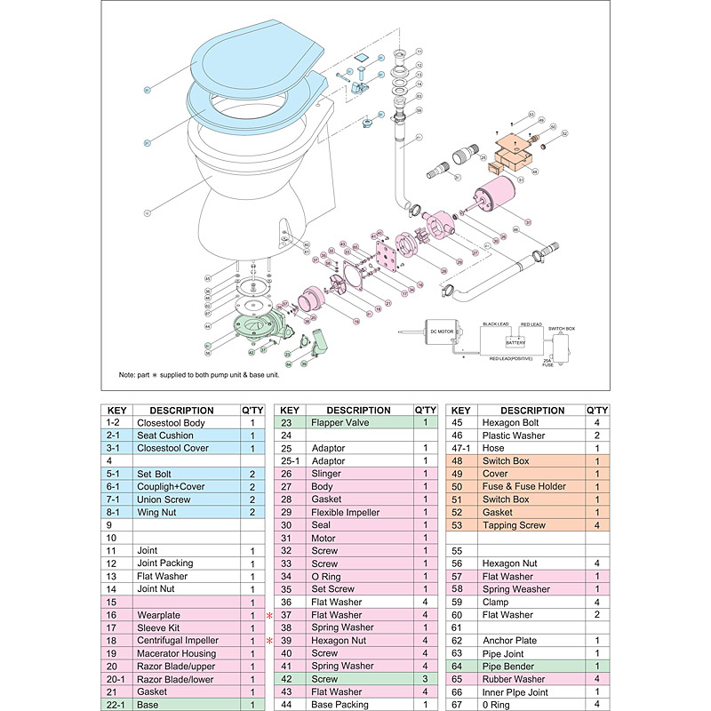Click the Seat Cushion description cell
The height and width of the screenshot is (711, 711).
164,435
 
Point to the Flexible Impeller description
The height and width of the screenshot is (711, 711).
346,513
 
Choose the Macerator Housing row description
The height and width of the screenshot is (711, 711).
178,653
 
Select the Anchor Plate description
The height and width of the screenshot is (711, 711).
512,640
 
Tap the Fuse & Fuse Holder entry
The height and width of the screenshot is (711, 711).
524,487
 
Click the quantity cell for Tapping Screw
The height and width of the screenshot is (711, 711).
596,525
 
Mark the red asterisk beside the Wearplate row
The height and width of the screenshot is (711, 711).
268,615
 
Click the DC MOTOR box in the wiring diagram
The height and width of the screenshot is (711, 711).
442,331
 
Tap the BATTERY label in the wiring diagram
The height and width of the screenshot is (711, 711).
515,341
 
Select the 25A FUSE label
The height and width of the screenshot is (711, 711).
548,361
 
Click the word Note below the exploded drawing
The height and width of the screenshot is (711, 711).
129,374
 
